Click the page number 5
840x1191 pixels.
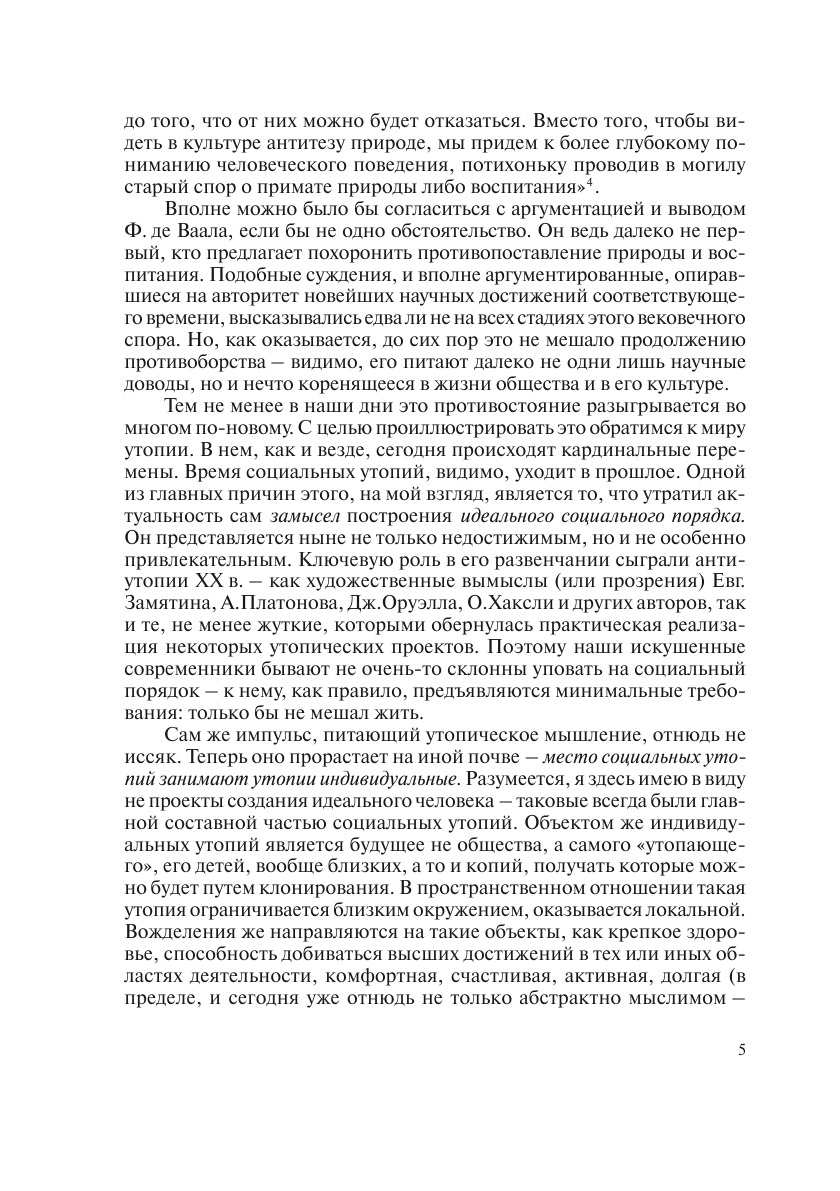coord(742,1049)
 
